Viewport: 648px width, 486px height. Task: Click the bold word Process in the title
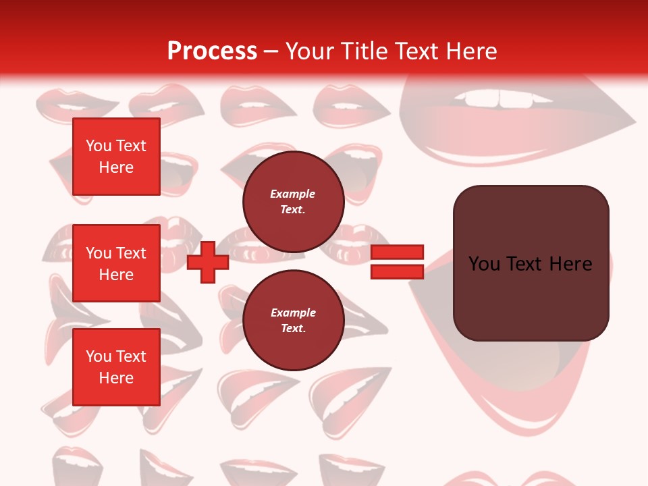pos(212,51)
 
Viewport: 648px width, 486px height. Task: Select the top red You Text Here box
pos(116,157)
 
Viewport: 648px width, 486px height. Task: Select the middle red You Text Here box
pos(116,263)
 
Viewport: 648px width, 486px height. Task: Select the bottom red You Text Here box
pos(116,367)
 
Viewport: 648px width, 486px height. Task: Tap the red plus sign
pos(208,263)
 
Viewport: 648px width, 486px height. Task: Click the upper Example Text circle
pos(293,202)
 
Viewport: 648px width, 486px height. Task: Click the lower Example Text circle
pos(293,321)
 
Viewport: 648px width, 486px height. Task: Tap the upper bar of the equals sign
pos(397,252)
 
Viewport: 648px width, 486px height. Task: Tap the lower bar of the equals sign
pos(397,271)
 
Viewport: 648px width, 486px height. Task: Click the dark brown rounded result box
pos(531,297)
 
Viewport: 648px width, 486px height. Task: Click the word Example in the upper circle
pos(293,194)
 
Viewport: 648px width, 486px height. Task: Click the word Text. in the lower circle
pos(293,329)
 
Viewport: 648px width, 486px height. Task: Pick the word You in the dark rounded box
pos(485,263)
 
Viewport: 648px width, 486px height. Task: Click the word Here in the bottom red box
pos(116,378)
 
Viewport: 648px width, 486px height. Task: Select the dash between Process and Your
pos(271,51)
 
